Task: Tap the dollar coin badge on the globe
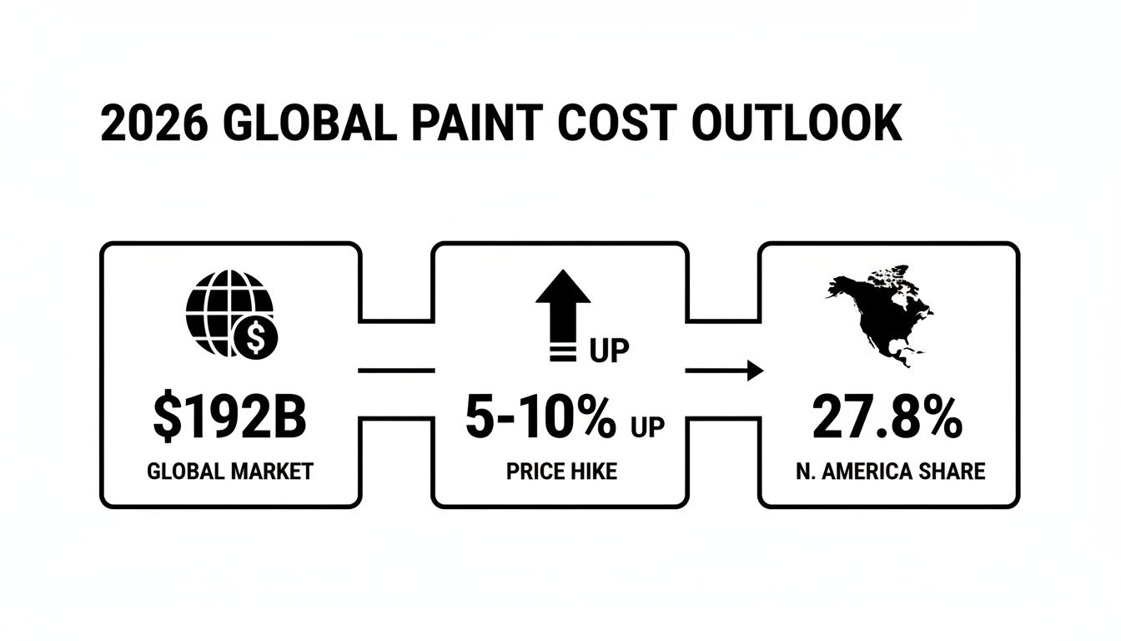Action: tap(258, 339)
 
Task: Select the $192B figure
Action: tap(229, 419)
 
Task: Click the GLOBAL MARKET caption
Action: tap(229, 472)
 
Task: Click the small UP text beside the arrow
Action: tap(609, 351)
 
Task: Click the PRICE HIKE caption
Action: tap(561, 472)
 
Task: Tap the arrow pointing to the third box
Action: tap(724, 371)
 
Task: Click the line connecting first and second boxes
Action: tap(395, 371)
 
